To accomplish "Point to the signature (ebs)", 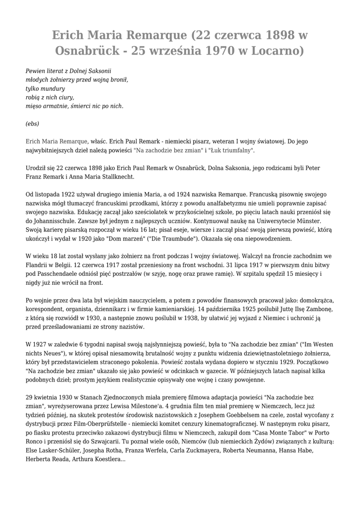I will pyautogui.click(x=32, y=123).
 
